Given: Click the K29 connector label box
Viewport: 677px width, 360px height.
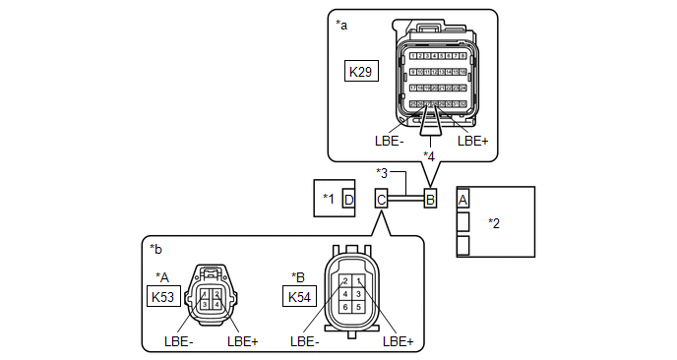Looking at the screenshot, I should pos(360,72).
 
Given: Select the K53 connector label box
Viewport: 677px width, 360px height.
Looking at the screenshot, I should pos(162,295).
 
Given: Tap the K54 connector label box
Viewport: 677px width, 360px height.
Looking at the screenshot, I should pos(299,295).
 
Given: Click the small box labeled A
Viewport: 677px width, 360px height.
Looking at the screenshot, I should pos(463,199).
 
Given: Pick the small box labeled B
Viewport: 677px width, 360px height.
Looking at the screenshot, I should pos(430,200).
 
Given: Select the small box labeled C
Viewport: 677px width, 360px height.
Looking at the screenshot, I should pos(381,200).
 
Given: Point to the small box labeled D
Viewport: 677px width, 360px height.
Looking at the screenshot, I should pos(348,200).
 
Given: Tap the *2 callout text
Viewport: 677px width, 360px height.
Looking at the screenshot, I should pos(495,223).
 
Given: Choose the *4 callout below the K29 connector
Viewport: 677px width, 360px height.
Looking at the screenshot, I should pos(429,155).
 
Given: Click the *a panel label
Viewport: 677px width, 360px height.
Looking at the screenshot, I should pos(342,24).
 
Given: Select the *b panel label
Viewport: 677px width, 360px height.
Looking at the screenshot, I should pos(156,247).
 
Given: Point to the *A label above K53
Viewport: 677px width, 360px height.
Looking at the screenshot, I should pos(162,276).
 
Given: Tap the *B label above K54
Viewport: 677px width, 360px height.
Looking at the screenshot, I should pos(298,276).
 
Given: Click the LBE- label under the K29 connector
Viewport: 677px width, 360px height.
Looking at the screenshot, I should pos(389,141).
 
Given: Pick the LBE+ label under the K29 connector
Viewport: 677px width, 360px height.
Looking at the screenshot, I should pos(473,141).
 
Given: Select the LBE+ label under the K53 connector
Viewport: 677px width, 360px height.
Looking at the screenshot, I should pos(242,342).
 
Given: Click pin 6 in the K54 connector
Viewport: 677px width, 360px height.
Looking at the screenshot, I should pos(346,307).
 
